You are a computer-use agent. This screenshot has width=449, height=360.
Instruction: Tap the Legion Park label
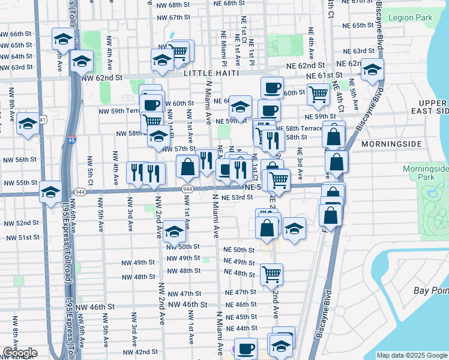[x=411, y=18]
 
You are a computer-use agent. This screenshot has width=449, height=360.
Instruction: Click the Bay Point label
[x=431, y=290]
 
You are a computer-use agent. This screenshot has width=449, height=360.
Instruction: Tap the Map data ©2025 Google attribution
[x=412, y=355]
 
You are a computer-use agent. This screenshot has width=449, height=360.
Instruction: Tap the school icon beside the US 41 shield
[x=28, y=124]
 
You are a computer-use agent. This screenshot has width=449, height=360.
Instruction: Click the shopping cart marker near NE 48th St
[x=272, y=274]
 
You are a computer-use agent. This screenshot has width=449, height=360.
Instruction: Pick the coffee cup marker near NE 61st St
[x=272, y=87]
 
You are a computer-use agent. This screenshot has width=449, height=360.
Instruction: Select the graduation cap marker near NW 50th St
[x=174, y=231]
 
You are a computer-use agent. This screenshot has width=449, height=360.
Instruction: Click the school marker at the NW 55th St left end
[x=51, y=191]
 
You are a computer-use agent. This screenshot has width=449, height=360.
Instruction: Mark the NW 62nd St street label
[x=101, y=78]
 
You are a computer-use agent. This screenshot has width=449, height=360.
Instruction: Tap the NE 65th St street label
[x=363, y=25]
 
